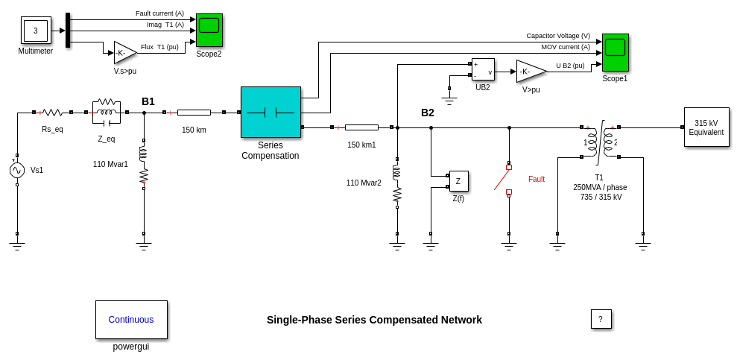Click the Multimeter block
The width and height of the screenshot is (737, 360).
[x=36, y=31]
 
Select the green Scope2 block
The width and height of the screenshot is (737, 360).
[x=209, y=30]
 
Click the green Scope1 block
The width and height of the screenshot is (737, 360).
[x=616, y=52]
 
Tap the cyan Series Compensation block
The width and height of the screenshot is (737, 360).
[x=271, y=112]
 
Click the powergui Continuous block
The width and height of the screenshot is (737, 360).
[x=131, y=320]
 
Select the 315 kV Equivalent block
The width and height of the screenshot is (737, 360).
[x=706, y=127]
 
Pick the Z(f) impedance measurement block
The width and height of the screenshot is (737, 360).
[x=458, y=181]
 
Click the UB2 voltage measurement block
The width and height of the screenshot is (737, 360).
[x=483, y=69]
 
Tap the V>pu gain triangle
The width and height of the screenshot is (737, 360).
[x=530, y=72]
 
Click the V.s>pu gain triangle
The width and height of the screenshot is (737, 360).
[x=124, y=53]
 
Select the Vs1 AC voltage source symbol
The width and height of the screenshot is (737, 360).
[x=17, y=170]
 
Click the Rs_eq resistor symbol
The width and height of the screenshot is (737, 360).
[x=52, y=113]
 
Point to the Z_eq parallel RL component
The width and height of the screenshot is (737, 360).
[x=107, y=113]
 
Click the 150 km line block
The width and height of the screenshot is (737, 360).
[x=194, y=113]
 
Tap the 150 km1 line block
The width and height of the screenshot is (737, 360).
[x=361, y=127]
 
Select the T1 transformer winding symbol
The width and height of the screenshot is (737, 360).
[x=600, y=142]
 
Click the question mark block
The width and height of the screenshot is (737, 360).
[x=601, y=319]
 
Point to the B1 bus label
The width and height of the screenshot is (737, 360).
[x=148, y=101]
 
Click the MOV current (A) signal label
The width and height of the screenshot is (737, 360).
[x=565, y=47]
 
